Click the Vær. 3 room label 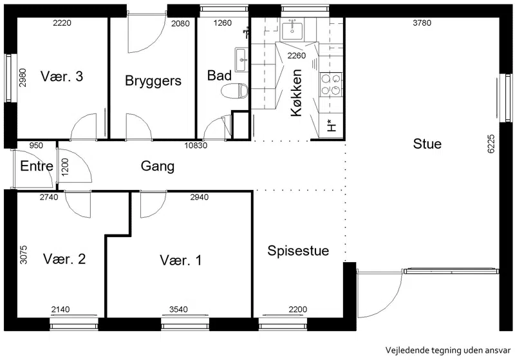[62, 76]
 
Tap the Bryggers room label [153, 81]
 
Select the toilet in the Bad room [234, 90]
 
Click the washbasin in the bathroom [241, 59]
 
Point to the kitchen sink [292, 28]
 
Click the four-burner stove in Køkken [331, 85]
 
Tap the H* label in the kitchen [332, 126]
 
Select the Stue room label [427, 144]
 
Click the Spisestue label [298, 251]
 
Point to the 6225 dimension [491, 144]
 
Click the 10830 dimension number [196, 145]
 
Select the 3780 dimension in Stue [422, 23]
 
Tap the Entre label [37, 166]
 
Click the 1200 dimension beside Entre [65, 167]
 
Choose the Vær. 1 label [181, 260]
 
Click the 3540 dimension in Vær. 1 [178, 309]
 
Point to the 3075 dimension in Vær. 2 [24, 255]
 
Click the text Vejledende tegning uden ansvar [448, 350]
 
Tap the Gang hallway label [157, 166]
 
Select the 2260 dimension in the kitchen [297, 55]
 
